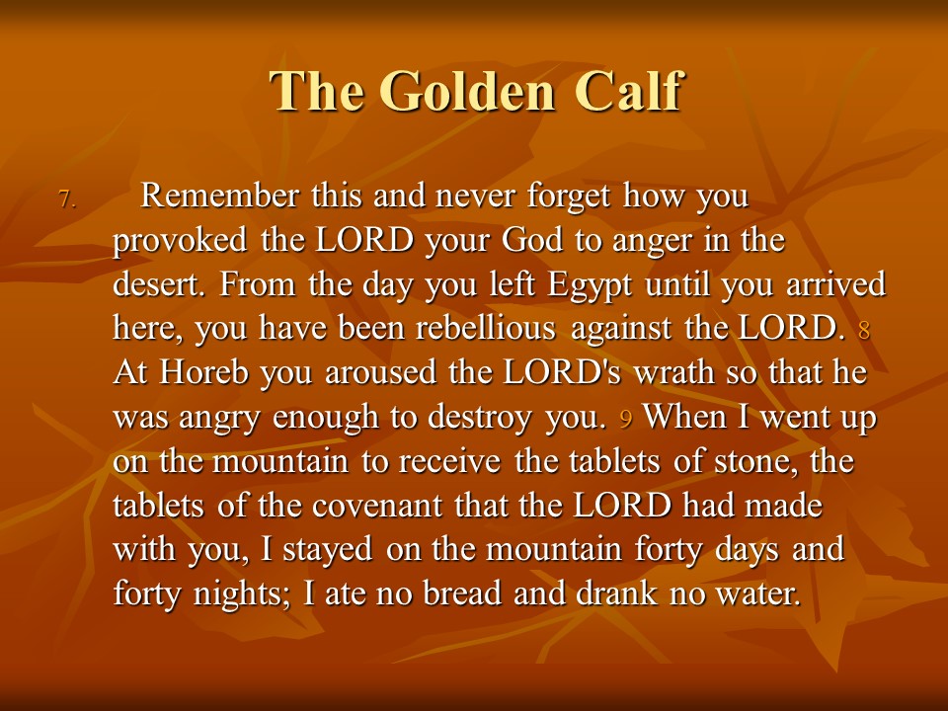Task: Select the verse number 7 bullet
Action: click(68, 198)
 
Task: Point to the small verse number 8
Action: click(864, 330)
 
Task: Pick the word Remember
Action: click(219, 196)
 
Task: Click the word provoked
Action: click(180, 241)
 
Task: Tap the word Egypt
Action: click(590, 285)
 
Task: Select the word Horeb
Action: click(203, 372)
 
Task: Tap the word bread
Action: click(462, 592)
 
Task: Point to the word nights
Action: click(241, 594)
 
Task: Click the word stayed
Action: click(327, 551)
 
